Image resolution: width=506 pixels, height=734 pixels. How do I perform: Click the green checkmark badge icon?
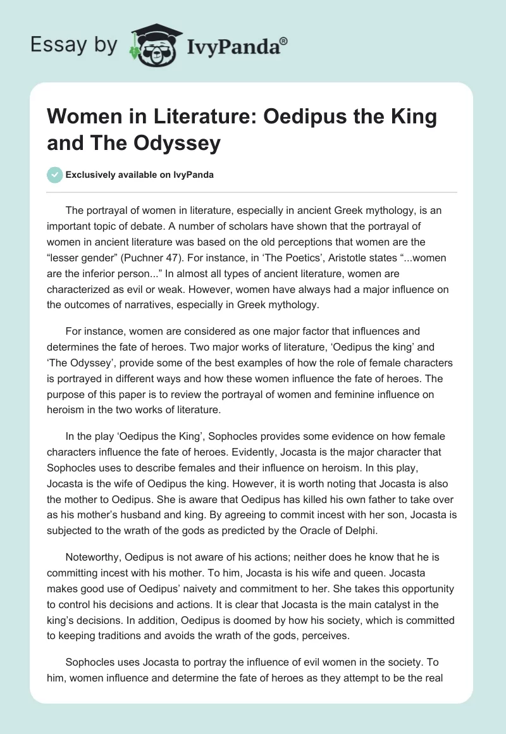pos(54,175)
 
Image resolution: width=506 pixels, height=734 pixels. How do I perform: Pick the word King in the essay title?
pos(403,118)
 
